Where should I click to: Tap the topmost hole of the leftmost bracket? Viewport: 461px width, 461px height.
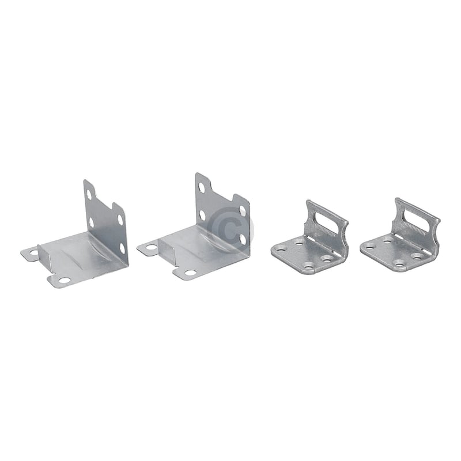88,194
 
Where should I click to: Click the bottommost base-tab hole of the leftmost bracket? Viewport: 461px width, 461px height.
64,280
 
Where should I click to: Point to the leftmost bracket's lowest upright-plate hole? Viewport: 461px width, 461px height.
122,248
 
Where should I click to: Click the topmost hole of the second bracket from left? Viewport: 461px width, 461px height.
202,187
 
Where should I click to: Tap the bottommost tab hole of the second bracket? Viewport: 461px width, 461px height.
190,272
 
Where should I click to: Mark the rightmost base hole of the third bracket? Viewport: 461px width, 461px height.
327,258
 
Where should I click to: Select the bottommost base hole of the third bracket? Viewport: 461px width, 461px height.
309,266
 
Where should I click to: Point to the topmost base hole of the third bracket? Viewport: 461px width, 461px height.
299,243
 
